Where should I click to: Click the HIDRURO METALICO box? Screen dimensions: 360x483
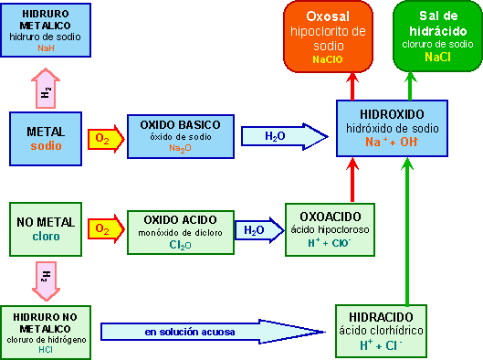(x=47, y=30)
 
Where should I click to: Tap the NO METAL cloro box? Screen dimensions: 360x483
(x=46, y=228)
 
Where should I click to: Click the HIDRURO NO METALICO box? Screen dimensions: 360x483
(x=46, y=331)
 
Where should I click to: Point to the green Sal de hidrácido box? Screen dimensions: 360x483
(x=436, y=37)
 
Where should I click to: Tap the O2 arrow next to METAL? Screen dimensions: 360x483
(x=102, y=139)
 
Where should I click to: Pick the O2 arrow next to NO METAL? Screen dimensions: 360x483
(x=102, y=229)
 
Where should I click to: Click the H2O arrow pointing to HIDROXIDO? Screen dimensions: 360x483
(x=283, y=137)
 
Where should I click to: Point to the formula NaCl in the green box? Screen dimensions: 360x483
(x=436, y=58)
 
